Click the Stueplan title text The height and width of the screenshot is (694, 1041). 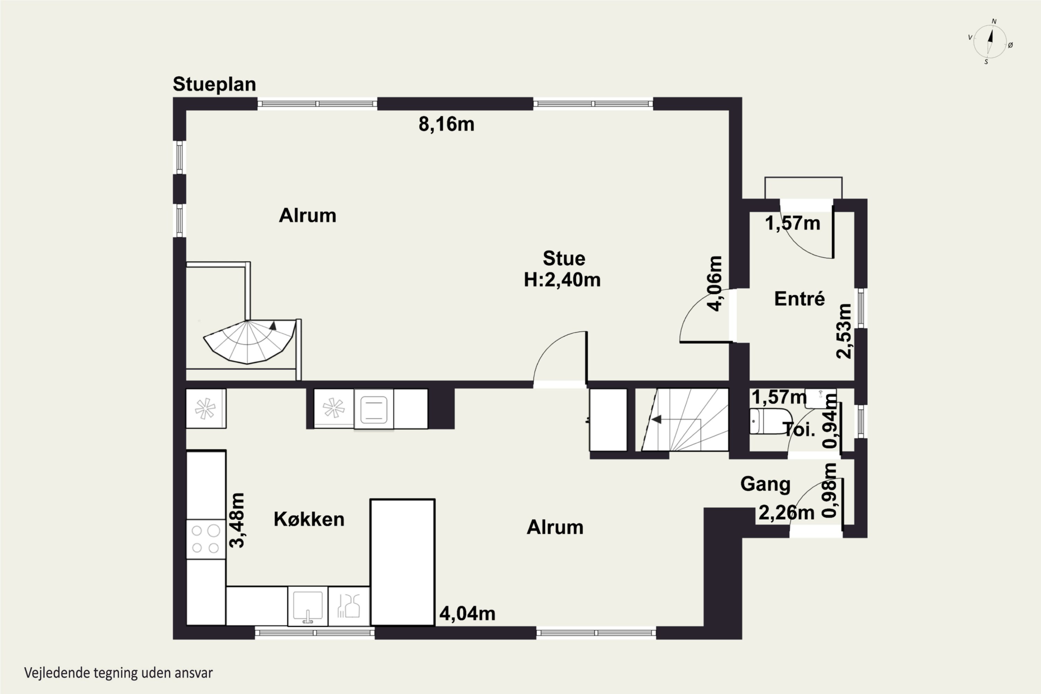pyautogui.click(x=214, y=84)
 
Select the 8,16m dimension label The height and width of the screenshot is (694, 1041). pyautogui.click(x=446, y=124)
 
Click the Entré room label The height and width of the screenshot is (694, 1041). pyautogui.click(x=799, y=299)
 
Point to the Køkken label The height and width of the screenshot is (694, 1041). pyautogui.click(x=309, y=519)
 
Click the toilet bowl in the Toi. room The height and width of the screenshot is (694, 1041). pyautogui.click(x=770, y=421)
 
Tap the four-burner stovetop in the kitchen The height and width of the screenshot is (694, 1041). pyautogui.click(x=206, y=539)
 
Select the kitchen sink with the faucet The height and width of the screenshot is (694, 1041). pyautogui.click(x=307, y=606)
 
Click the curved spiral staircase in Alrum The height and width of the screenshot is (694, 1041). pyautogui.click(x=249, y=341)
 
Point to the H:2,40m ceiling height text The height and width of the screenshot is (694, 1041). pyautogui.click(x=562, y=280)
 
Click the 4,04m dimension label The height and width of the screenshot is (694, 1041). pyautogui.click(x=467, y=614)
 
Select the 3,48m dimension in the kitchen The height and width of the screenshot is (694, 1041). pyautogui.click(x=237, y=520)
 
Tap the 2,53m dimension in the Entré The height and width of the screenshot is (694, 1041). pyautogui.click(x=844, y=331)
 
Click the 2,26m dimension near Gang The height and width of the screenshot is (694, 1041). pyautogui.click(x=787, y=513)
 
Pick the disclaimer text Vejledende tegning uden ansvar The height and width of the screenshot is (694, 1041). pyautogui.click(x=119, y=673)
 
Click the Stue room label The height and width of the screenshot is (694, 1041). pyautogui.click(x=564, y=259)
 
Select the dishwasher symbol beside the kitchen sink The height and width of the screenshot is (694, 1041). pyautogui.click(x=349, y=606)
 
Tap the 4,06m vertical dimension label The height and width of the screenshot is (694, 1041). pyautogui.click(x=715, y=284)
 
